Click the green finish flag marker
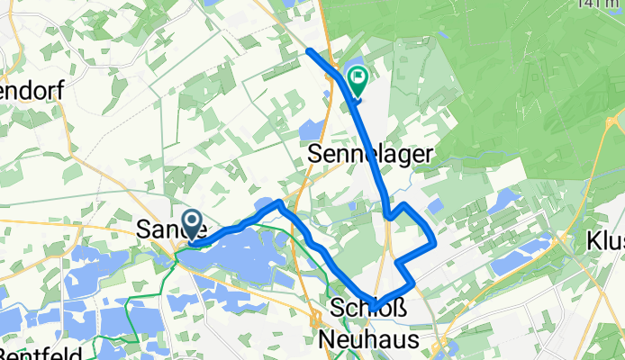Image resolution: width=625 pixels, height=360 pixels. [358, 82]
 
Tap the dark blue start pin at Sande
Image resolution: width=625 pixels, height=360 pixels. [192, 225]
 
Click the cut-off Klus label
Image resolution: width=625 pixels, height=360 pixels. [606, 241]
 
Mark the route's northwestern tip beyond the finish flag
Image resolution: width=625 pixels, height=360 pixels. [309, 50]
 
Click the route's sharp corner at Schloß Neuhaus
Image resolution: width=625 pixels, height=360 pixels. [379, 305]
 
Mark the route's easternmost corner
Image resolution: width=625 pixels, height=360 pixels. [436, 241]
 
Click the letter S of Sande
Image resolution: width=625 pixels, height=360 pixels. [143, 230]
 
